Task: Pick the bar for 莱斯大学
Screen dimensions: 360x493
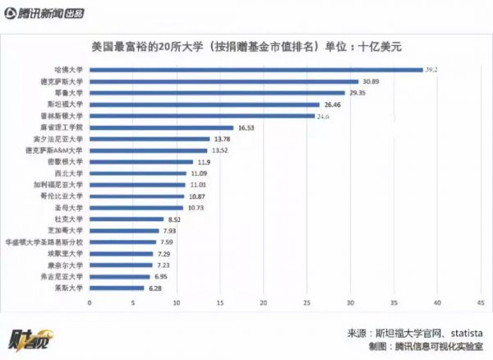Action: tap(117, 288)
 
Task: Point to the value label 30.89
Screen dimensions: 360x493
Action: tap(372, 81)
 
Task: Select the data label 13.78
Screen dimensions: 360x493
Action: tap(223, 139)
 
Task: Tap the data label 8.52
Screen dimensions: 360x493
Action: tap(174, 219)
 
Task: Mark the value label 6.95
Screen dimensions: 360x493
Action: tap(161, 277)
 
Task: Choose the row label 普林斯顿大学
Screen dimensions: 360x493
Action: tap(64, 116)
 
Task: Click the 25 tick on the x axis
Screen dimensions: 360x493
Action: tap(306, 303)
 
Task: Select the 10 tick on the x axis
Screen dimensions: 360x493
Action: tap(176, 303)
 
